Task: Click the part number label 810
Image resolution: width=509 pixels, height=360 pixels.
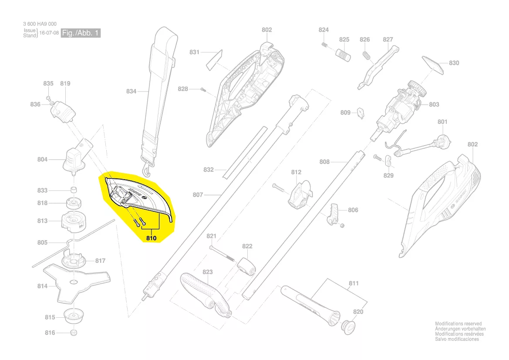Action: (x=151, y=238)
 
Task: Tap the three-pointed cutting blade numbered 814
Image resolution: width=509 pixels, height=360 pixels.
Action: (x=77, y=281)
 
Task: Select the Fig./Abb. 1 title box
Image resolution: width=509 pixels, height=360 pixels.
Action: (x=81, y=33)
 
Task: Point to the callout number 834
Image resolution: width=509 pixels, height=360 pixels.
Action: (x=131, y=91)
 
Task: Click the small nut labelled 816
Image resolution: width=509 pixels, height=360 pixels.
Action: (x=74, y=333)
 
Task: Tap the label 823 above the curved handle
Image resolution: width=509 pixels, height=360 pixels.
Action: (x=207, y=272)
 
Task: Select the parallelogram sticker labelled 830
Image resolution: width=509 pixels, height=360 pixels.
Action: (x=433, y=65)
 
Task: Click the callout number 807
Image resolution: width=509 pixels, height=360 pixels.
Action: (x=198, y=195)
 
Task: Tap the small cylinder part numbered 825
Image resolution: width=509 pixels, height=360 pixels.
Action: (x=343, y=55)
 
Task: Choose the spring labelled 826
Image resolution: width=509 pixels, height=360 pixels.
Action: (x=366, y=55)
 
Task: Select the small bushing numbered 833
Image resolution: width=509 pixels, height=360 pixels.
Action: (x=74, y=190)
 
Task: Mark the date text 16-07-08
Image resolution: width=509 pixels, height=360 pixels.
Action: (x=49, y=33)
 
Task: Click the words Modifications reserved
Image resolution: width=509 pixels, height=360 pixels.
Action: (x=458, y=324)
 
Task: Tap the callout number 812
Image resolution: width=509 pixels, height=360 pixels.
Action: (x=296, y=172)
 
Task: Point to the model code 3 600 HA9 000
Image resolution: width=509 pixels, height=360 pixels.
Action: (x=40, y=24)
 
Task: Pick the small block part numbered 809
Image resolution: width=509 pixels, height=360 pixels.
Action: (x=361, y=113)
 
